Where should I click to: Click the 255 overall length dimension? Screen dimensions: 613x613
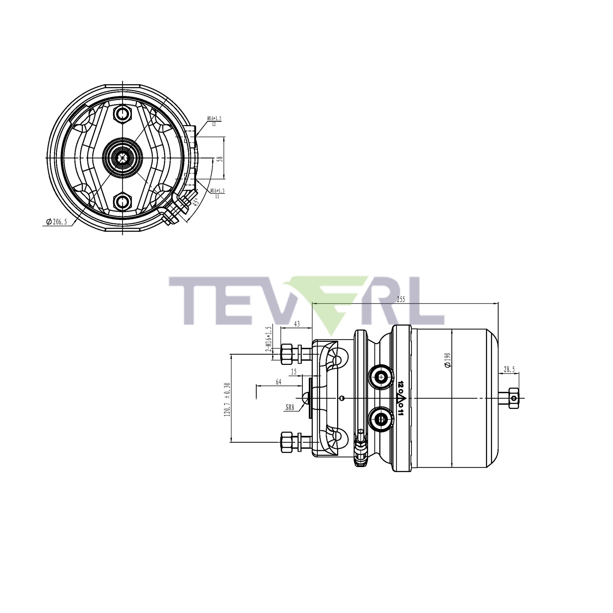pos(401,299)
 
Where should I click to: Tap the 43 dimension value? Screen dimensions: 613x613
pos(297,324)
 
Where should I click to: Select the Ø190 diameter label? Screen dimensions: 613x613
pos(448,360)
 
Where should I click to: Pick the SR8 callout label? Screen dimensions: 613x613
pos(290,408)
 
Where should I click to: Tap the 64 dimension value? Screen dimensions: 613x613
pos(278,382)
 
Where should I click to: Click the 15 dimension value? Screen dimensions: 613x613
pos(294,372)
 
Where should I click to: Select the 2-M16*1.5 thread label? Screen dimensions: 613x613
pos(269,339)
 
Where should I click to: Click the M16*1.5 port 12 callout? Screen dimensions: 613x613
pos(215,120)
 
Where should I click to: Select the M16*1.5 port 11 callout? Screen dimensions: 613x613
pos(217,193)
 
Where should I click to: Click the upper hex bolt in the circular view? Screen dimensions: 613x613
pos(123,114)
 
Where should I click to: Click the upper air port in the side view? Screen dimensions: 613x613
pos(380,377)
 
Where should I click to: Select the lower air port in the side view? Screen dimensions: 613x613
pos(380,420)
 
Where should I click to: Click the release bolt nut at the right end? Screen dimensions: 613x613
pos(513,398)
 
